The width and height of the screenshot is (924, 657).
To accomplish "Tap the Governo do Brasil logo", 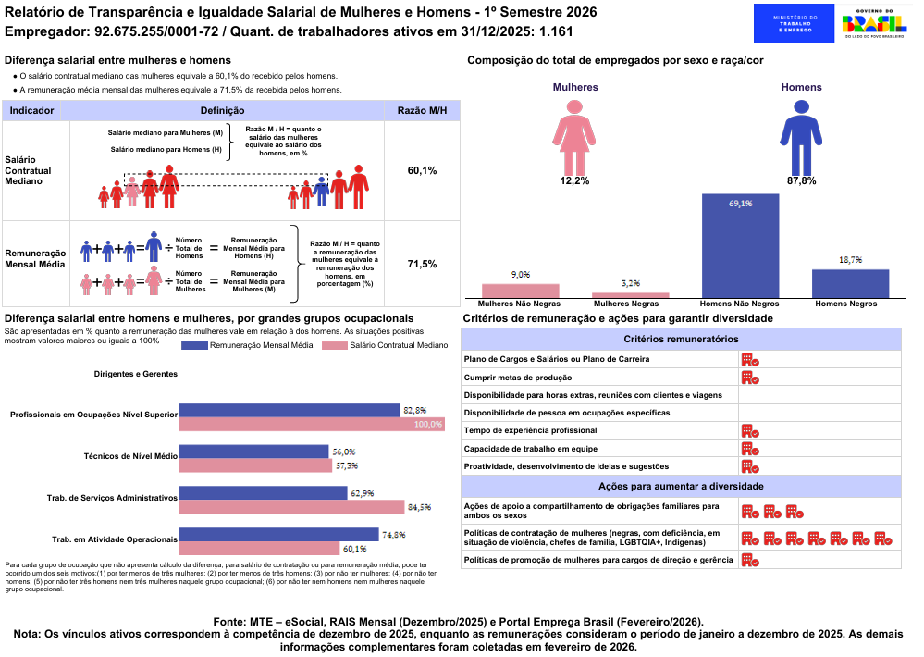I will click(x=874, y=23).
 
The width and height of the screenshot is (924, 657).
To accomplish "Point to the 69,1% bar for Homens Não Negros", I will click(x=740, y=246).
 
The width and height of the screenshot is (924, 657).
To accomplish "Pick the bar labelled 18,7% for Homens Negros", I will click(x=850, y=283).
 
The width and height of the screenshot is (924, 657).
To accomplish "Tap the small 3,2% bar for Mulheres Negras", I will click(x=630, y=295).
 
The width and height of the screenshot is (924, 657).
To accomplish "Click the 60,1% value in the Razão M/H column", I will click(x=422, y=171).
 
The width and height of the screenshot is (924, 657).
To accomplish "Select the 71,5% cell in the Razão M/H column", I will click(x=422, y=265).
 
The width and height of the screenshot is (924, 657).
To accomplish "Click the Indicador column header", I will click(x=31, y=110).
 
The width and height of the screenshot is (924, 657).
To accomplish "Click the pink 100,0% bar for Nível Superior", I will click(x=312, y=424).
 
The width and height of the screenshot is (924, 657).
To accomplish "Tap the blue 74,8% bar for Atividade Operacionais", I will click(x=279, y=534).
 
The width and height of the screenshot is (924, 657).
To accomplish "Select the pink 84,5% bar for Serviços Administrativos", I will click(x=292, y=507).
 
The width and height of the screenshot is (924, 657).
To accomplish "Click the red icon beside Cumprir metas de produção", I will click(x=750, y=378).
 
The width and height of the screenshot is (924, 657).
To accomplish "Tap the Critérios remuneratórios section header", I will click(x=681, y=341).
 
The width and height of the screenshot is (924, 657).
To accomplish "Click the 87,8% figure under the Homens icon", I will click(x=801, y=180).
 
